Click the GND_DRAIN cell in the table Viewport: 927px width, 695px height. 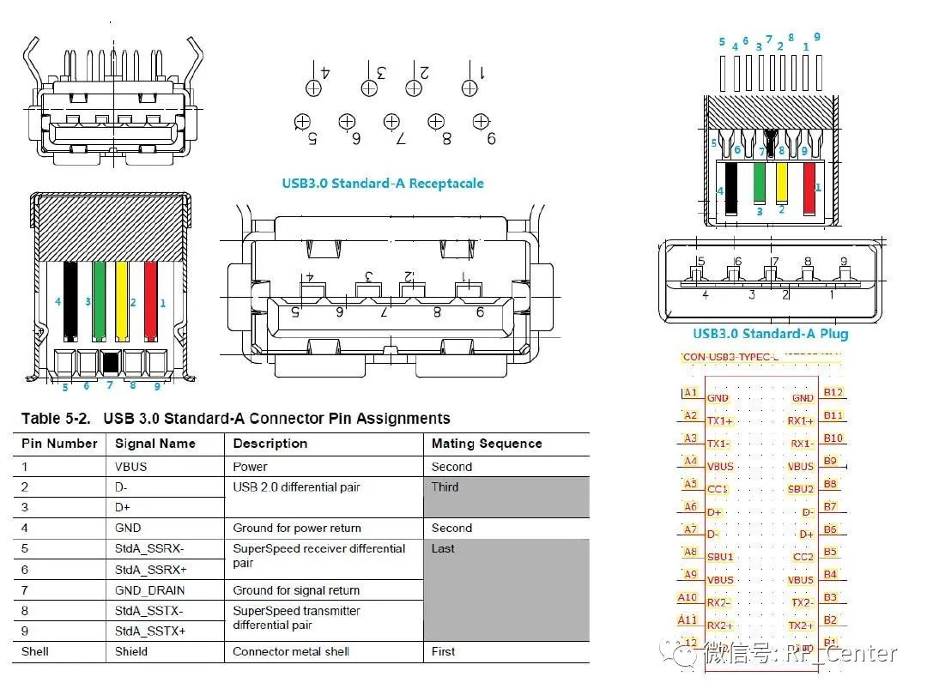(149, 590)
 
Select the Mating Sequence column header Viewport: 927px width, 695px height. (486, 444)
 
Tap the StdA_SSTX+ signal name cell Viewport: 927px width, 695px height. (149, 631)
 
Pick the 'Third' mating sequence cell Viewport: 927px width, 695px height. (445, 487)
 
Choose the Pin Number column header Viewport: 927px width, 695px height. (59, 444)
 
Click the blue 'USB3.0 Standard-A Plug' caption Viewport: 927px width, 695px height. (770, 334)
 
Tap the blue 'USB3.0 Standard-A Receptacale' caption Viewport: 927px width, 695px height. (383, 183)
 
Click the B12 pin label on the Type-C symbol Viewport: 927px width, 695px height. (833, 392)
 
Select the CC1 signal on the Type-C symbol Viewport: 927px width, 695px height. (718, 489)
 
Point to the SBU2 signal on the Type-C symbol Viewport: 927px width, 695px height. (801, 489)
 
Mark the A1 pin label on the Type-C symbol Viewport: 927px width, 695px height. (691, 392)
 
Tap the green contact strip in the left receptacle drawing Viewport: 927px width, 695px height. (99, 300)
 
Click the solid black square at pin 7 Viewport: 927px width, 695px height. (109, 362)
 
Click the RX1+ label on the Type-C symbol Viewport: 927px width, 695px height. (800, 421)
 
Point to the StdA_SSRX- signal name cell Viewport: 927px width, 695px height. (149, 549)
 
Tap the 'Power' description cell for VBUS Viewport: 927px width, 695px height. (250, 467)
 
